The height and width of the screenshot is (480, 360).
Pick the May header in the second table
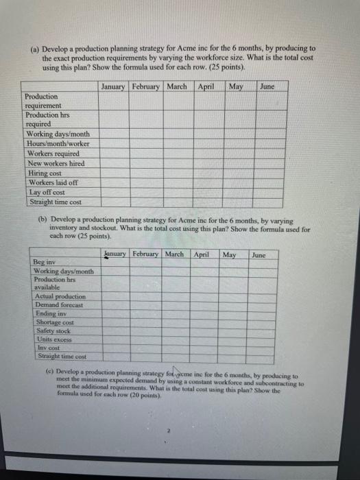(230, 254)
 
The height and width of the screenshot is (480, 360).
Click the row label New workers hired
(55, 164)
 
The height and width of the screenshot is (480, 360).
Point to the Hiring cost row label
(45, 173)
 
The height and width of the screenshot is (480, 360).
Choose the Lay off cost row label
(47, 193)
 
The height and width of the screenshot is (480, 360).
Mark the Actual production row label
(61, 296)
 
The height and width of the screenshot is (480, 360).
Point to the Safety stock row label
(53, 331)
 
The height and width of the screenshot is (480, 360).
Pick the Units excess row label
(52, 339)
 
